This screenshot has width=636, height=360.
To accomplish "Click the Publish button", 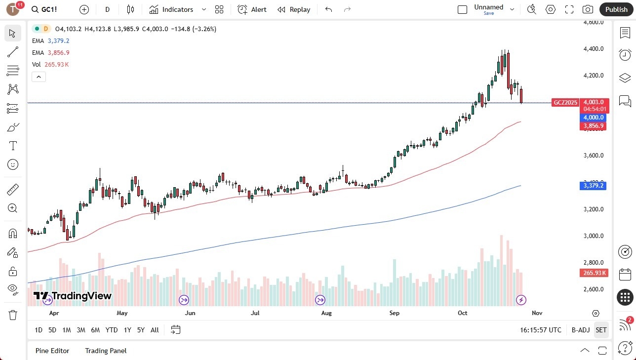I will tap(616, 9).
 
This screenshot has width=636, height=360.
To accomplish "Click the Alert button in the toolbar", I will tap(252, 9).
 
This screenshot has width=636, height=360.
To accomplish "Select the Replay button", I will tap(294, 9).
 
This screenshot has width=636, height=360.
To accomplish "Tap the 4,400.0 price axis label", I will tap(594, 49).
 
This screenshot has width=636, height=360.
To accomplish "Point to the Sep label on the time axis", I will tap(394, 313).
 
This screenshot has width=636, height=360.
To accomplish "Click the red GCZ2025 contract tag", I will tap(565, 103).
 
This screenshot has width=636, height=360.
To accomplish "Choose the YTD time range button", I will tap(112, 330).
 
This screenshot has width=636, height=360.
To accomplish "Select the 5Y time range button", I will tap(141, 330).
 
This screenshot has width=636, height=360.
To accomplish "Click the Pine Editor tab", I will tap(52, 351).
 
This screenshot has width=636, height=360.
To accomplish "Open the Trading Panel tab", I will tap(106, 351).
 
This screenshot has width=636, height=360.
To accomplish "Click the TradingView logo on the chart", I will tap(73, 296).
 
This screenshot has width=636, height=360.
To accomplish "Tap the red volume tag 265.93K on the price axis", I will tap(594, 273).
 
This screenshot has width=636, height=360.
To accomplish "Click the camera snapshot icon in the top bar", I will tap(588, 9).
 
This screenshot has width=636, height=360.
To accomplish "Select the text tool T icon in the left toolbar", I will tap(13, 146).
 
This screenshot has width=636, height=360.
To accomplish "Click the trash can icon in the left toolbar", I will tap(13, 315).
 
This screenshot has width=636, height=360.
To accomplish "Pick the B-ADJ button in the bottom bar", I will tap(580, 330).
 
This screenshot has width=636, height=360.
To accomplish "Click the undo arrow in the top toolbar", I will tap(329, 9).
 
